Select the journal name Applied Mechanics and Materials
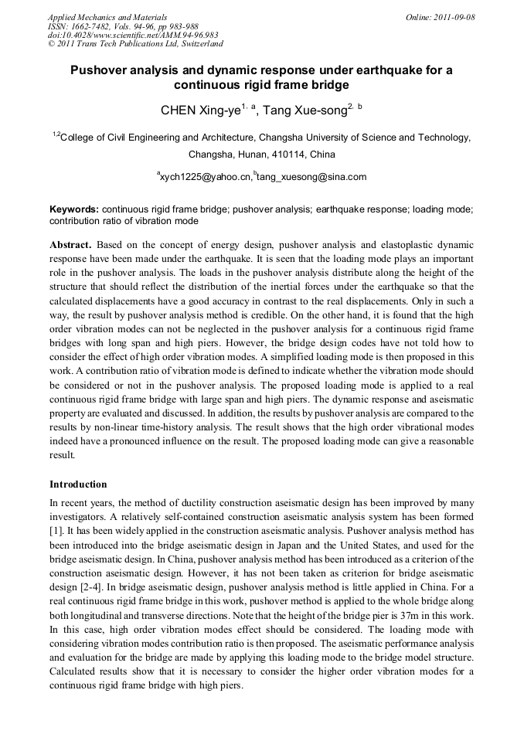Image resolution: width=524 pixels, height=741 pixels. tap(107, 17)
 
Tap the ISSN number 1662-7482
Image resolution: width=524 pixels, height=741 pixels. tap(93, 26)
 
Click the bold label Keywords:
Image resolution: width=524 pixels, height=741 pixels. tap(74, 209)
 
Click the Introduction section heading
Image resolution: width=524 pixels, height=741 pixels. tap(78, 484)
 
